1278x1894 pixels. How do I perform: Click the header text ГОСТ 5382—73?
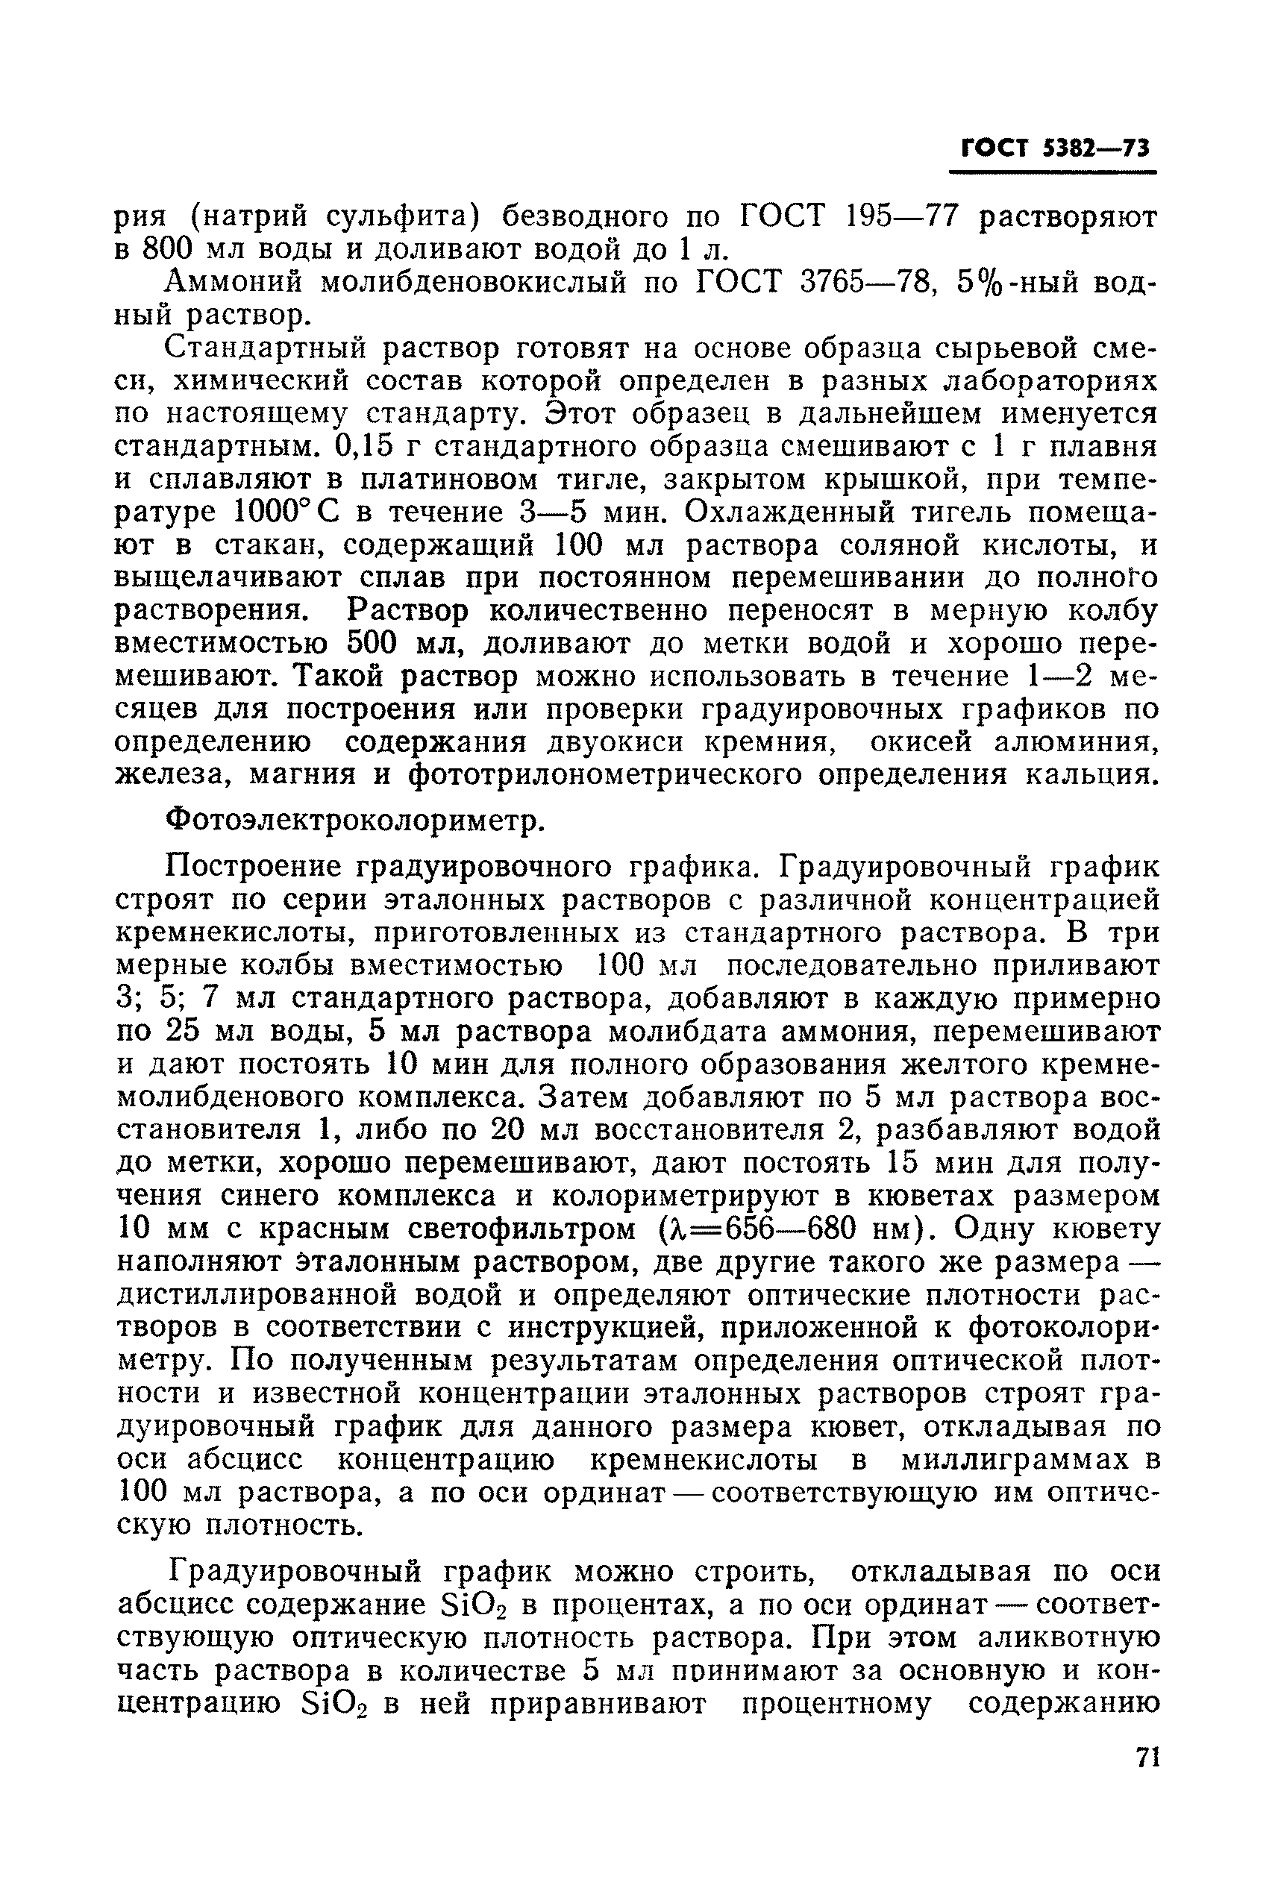click(1055, 148)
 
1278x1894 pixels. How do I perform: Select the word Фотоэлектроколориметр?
click(355, 821)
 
